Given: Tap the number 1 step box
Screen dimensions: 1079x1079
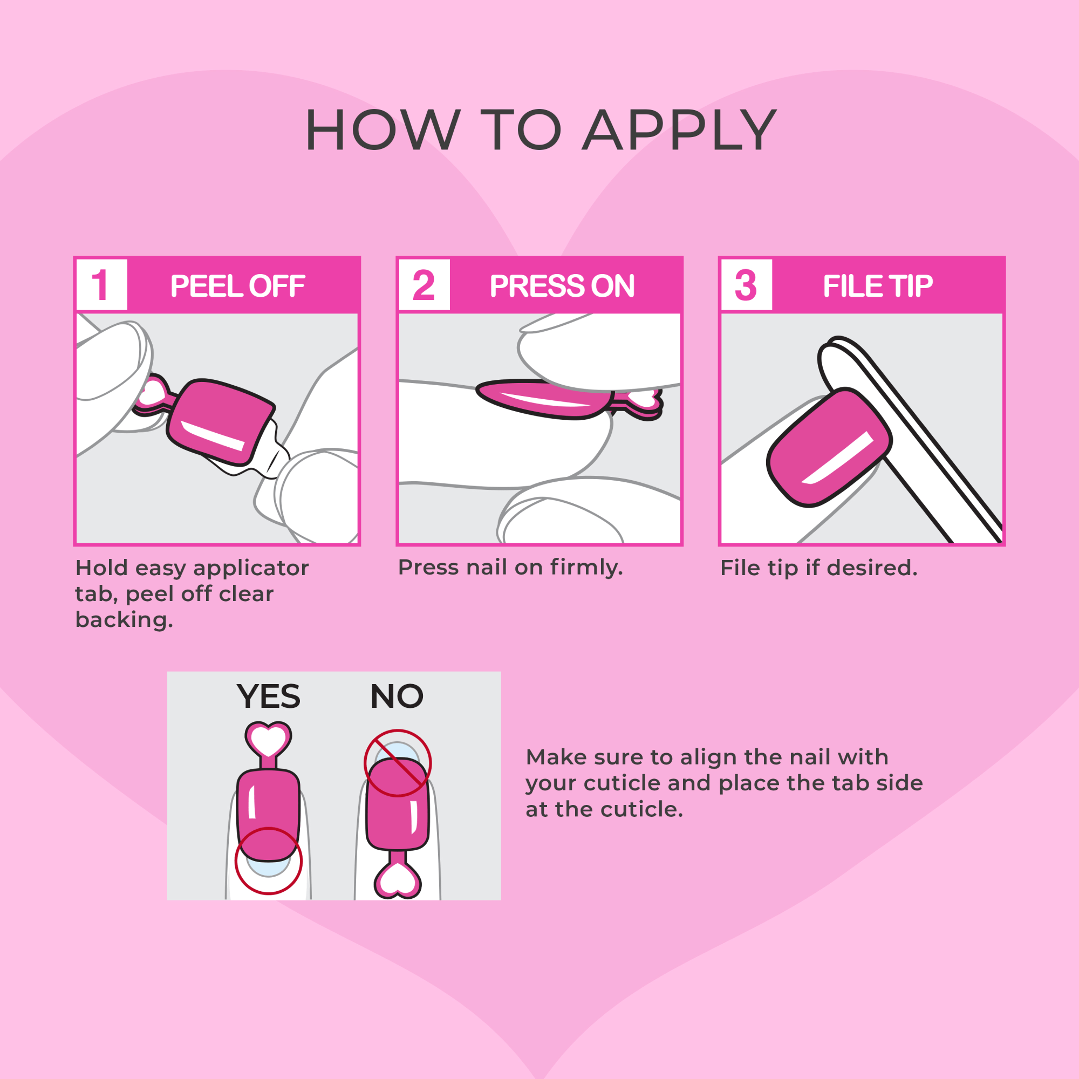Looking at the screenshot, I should point(101,285).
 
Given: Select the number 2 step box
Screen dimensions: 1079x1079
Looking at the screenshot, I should point(424,285).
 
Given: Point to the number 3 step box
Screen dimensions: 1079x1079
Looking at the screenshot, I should point(746,285).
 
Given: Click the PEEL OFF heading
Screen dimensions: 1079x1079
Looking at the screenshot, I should point(237,286).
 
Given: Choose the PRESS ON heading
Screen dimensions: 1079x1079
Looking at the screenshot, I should point(562,286).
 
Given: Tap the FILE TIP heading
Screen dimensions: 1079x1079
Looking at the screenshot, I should point(877,286).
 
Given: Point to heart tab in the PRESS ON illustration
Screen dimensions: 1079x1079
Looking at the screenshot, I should point(644,400).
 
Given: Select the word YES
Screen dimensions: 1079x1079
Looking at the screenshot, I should point(268,696).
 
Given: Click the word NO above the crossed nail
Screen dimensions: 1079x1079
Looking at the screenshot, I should point(397,696).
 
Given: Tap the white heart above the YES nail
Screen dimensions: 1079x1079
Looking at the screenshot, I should point(268,740).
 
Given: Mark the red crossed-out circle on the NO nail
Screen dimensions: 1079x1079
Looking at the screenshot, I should point(397,763).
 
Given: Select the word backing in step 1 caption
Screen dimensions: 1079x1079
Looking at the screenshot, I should point(124,620).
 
